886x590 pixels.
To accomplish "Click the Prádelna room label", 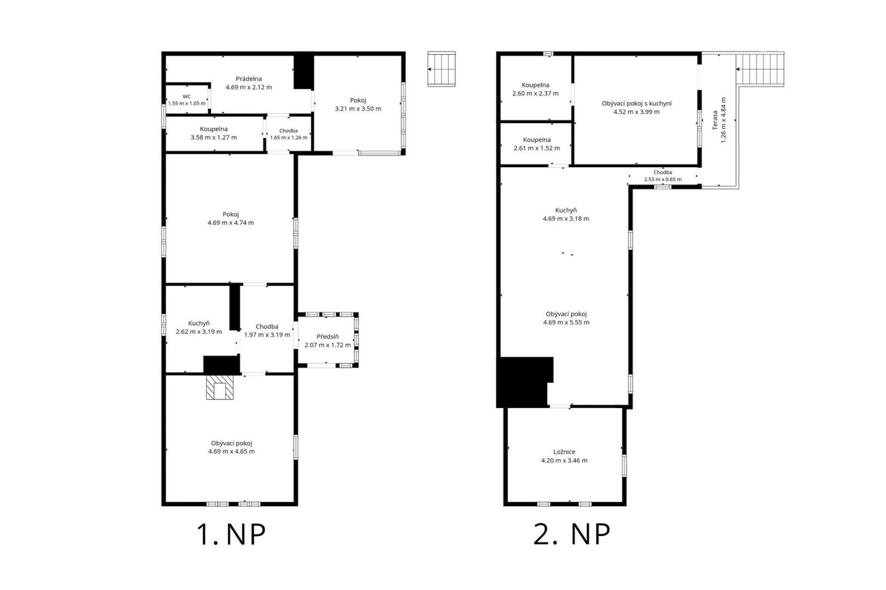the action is coord(249,79).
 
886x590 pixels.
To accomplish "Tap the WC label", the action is coord(186,97).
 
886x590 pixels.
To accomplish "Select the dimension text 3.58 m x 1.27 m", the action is coord(214,138).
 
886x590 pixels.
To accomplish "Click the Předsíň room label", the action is coord(328,337).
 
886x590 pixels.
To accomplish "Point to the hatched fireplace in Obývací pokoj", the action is coord(219,387).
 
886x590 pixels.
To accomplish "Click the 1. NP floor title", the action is coord(231,535).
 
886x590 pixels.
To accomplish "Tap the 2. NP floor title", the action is coord(572,535).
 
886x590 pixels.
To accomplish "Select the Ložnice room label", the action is coord(564,452).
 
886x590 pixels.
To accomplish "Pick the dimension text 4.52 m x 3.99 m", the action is coord(637,112).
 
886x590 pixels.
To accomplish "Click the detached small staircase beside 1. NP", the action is coord(441,69).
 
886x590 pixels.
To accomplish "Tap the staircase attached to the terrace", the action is coord(760,69).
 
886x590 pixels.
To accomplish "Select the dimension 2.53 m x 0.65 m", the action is coord(663,179).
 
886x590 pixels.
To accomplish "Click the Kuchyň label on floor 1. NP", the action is coord(199,323).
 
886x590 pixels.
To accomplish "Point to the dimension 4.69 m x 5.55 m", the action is coord(567,322).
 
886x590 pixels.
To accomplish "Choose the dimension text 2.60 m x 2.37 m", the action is coord(535,93).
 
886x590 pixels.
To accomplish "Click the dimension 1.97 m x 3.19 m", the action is coord(267,335).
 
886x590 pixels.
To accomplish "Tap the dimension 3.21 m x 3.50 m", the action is coord(358,109).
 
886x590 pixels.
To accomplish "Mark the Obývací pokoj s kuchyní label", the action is coord(637,104).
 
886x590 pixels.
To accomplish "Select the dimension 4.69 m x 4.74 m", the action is coord(231,223).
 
